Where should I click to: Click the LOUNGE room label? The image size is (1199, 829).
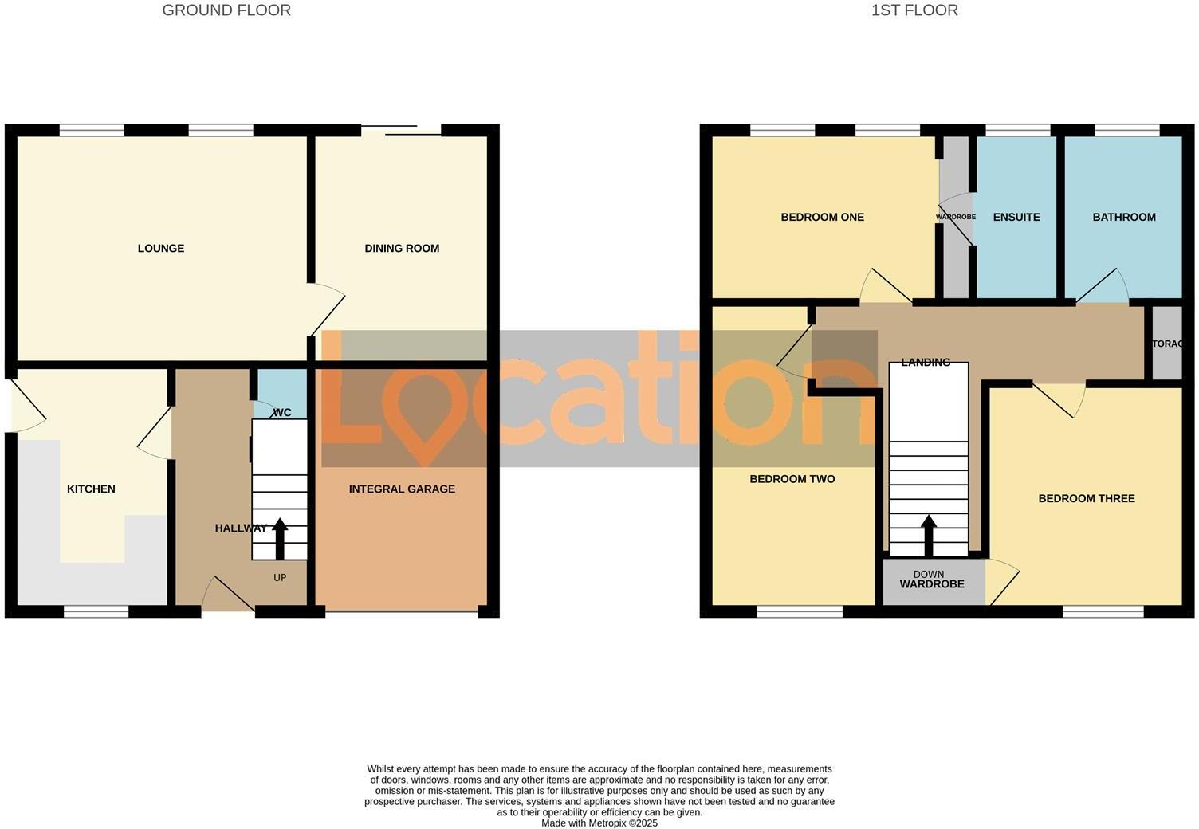161,249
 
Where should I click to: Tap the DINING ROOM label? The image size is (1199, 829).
402,249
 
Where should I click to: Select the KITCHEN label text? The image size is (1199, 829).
91,489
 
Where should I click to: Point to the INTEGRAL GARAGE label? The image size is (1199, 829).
402,489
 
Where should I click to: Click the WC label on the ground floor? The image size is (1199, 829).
281,413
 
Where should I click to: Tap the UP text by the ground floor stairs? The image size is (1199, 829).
280,578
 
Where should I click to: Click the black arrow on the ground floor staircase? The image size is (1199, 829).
280,539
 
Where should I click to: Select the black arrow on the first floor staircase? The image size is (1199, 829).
929,535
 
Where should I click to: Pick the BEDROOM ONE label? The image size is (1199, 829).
822,218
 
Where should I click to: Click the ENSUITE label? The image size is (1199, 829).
1016,218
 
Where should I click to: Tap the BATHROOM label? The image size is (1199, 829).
1124,218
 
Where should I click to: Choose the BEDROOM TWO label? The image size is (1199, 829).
792,479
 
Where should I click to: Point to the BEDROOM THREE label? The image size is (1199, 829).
1087,499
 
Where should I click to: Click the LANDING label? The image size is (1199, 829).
926,363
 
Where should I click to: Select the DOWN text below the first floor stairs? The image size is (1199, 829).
929,574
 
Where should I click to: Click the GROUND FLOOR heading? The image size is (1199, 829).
226,10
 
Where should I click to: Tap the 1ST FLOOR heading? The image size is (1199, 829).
914,10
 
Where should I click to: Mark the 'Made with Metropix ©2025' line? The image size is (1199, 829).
599,823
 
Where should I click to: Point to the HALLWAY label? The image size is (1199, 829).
241,528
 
